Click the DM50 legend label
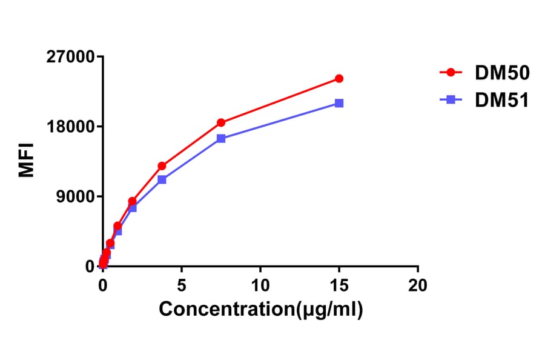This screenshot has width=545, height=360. [502, 73]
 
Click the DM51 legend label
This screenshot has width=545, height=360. [502, 100]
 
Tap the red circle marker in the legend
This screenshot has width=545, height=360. [451, 73]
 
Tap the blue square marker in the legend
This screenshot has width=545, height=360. [451, 100]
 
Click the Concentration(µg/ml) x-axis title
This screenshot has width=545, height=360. [260, 309]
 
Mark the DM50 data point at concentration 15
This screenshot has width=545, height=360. [339, 79]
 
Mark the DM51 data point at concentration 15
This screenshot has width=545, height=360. [339, 103]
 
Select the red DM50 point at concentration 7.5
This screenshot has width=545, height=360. [221, 122]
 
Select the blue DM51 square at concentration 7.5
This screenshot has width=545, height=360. [221, 138]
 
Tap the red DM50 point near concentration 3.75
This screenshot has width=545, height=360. [162, 166]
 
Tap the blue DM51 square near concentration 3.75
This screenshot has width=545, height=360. [162, 179]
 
